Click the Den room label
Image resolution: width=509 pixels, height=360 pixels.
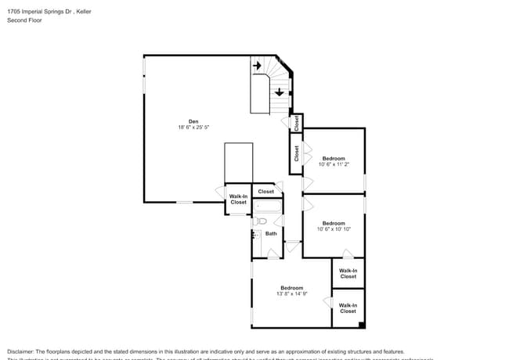193,121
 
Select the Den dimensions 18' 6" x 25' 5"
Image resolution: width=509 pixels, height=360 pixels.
193,128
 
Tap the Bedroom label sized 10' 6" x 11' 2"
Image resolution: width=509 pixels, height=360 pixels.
334,158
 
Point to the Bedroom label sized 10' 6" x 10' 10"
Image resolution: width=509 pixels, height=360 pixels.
334,222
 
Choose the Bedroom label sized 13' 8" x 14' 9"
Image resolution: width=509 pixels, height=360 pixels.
291,287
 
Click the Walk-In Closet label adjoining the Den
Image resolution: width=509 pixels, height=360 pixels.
238,199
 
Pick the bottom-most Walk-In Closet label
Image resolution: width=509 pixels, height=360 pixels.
348,308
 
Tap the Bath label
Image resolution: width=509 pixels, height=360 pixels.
271,233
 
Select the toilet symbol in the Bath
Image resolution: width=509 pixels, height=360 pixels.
255,222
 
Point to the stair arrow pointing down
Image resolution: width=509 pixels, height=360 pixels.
279,91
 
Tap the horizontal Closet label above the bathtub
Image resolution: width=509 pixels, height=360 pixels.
266,191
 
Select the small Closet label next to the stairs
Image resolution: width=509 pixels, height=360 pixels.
297,123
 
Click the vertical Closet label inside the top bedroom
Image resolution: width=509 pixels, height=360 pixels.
297,153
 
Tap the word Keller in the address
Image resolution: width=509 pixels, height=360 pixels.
85,11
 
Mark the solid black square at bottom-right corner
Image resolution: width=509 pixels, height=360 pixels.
360,325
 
